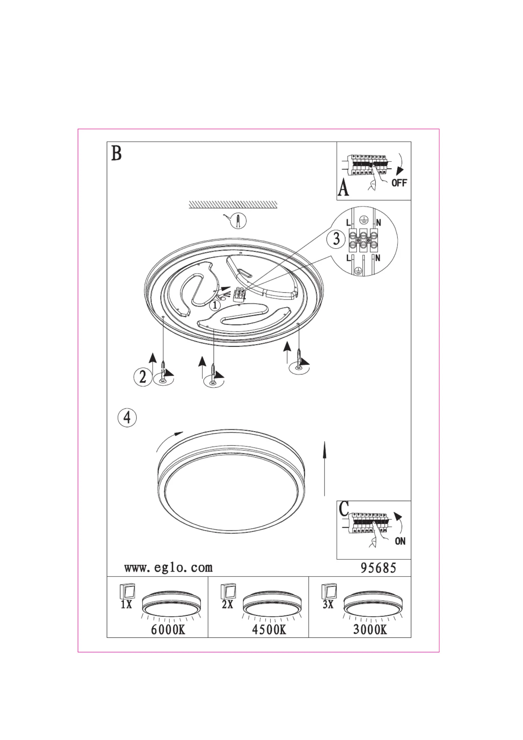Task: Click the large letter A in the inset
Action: pyautogui.click(x=343, y=189)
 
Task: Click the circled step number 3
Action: pyautogui.click(x=336, y=239)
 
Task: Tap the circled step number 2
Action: pyautogui.click(x=143, y=376)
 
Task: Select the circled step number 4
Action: pyautogui.click(x=127, y=418)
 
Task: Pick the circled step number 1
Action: pyautogui.click(x=215, y=305)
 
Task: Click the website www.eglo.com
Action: pyautogui.click(x=168, y=567)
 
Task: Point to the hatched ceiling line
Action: pyautogui.click(x=233, y=205)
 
